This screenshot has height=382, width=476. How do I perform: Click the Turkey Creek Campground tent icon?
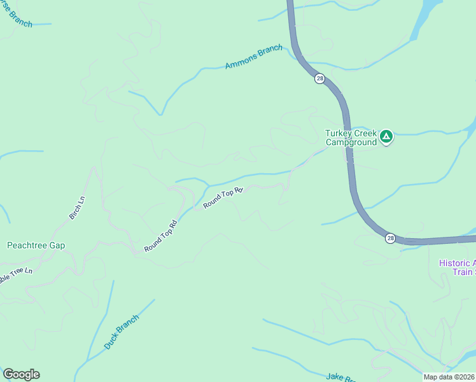click(x=386, y=136)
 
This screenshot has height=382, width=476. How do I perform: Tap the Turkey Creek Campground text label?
click(x=351, y=138)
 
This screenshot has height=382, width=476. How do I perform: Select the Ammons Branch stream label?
click(x=253, y=57)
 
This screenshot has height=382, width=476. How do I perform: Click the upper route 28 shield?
click(x=319, y=79)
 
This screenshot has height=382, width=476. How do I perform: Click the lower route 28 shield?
click(x=390, y=238)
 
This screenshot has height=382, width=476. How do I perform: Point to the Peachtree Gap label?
click(x=36, y=245)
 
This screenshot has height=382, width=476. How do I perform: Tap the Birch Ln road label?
click(x=77, y=208)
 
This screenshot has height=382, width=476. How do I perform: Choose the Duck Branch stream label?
click(x=121, y=332)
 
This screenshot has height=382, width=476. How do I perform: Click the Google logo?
click(x=21, y=374)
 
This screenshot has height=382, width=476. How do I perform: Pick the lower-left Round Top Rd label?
click(x=160, y=237)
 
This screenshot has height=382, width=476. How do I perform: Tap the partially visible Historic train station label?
click(x=458, y=267)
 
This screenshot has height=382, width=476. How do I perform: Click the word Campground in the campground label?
click(x=351, y=143)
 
